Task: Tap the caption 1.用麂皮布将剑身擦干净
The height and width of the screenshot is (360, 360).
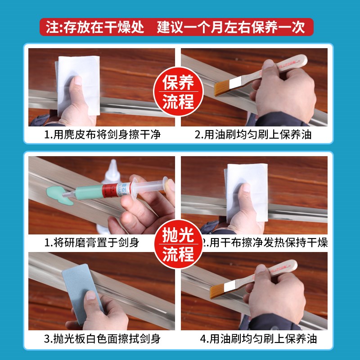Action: coord(103,135)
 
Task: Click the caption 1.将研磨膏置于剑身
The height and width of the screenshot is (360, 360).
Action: coord(92,243)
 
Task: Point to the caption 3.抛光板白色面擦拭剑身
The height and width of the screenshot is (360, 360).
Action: coord(102,338)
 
